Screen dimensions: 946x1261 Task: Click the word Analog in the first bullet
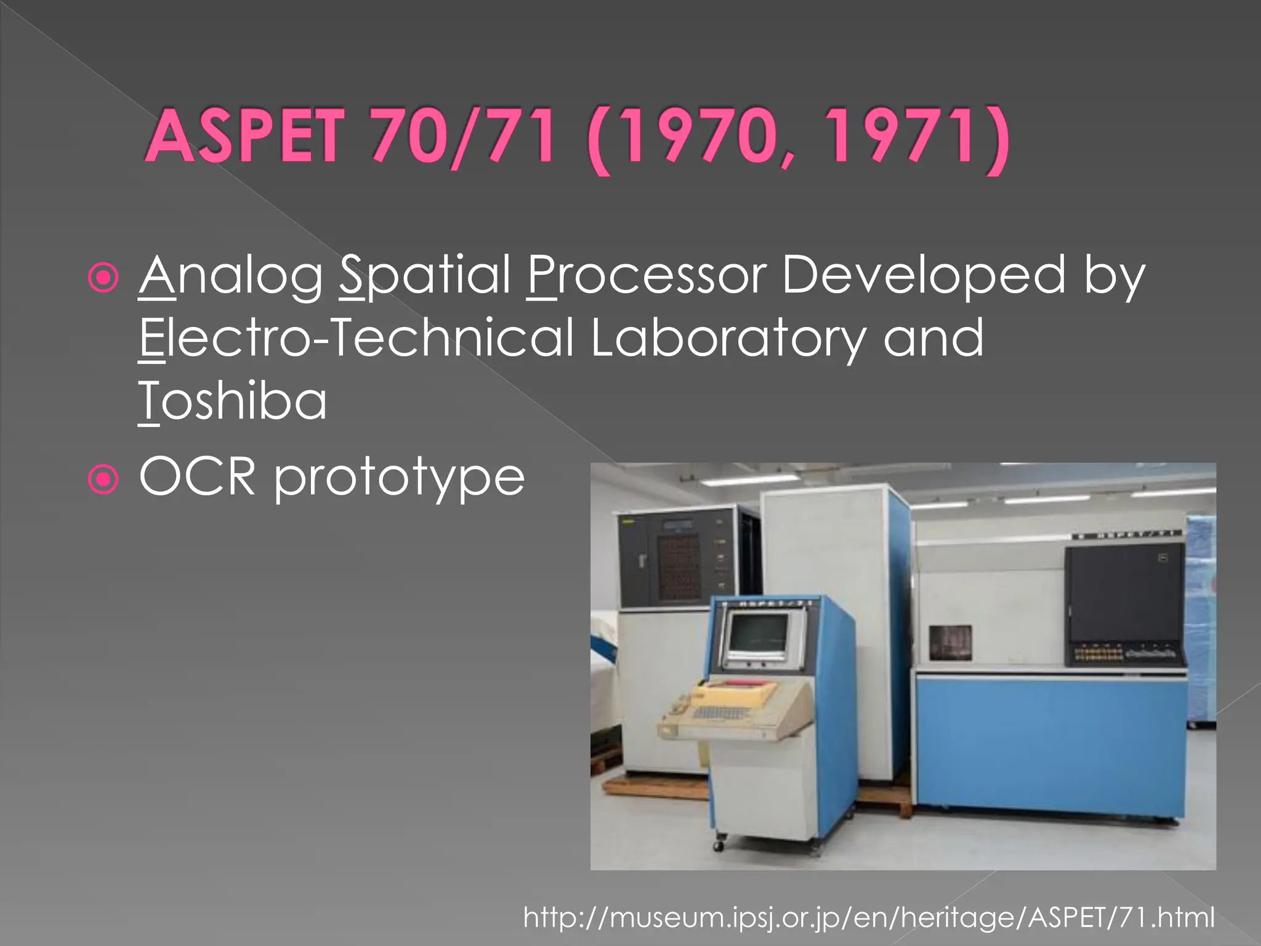pyautogui.click(x=231, y=277)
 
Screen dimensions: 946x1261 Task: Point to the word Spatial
pyautogui.click(x=425, y=277)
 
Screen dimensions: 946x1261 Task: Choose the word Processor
pyautogui.click(x=647, y=275)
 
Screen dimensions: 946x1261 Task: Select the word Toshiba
pyautogui.click(x=233, y=401)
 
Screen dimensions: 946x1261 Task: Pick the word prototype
pyautogui.click(x=399, y=479)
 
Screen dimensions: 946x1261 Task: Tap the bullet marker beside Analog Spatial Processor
pyautogui.click(x=103, y=278)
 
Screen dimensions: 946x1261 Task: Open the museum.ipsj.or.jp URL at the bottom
pyautogui.click(x=869, y=917)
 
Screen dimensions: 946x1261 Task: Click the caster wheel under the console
pyautogui.click(x=719, y=845)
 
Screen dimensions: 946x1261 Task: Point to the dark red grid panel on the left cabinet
pyautogui.click(x=680, y=566)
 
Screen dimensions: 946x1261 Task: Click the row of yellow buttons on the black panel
pyautogui.click(x=1098, y=653)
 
